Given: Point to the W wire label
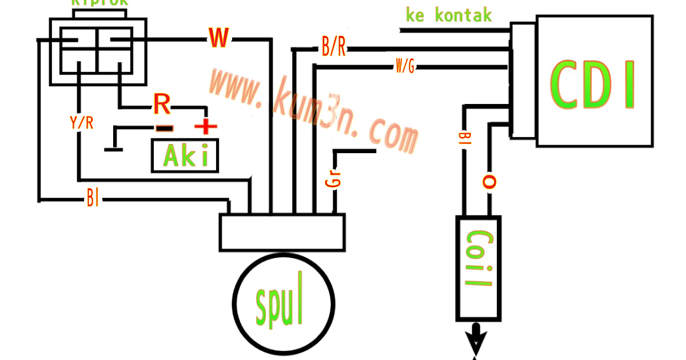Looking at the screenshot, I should [219, 38].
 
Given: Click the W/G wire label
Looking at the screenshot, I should [405, 67].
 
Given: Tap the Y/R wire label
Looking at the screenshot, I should [81, 123].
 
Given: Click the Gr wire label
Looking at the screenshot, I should [334, 178].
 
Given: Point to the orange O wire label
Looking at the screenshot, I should [489, 182].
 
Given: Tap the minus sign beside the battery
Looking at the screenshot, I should [164, 129].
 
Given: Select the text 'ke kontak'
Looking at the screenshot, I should [448, 15].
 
